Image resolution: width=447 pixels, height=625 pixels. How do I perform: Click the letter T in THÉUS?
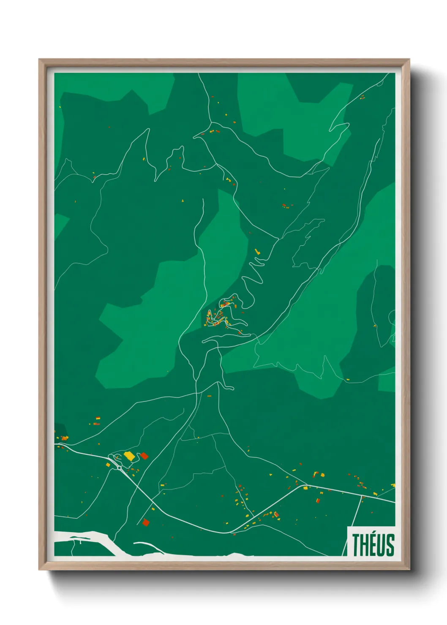point(356,545)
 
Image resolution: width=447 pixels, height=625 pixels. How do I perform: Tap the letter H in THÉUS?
point(365,545)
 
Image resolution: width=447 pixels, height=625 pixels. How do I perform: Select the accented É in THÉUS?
point(373,544)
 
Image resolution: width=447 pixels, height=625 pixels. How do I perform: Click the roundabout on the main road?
point(120,467)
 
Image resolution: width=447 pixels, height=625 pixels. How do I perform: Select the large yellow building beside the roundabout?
point(129,456)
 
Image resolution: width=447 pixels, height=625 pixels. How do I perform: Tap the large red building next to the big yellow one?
point(144,455)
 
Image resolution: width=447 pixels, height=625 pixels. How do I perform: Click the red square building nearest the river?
point(146,522)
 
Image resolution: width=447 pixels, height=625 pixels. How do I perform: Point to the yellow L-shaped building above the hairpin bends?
point(257,252)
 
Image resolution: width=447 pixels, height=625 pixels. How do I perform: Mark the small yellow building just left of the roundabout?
point(108,465)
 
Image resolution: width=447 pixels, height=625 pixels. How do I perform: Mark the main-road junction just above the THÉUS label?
point(363,496)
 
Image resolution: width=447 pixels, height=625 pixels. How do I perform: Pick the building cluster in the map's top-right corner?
point(362,97)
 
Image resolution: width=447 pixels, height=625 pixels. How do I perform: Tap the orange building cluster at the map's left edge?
point(64,438)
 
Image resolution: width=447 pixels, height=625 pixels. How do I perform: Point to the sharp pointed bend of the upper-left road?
point(148,129)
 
